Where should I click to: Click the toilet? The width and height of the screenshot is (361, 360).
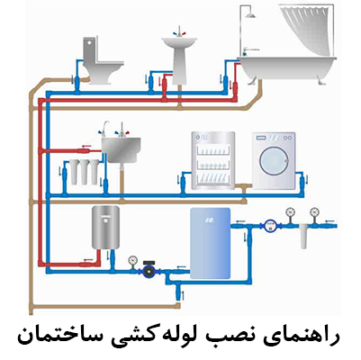tap(102, 60)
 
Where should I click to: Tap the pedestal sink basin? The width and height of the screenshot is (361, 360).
tap(179, 41)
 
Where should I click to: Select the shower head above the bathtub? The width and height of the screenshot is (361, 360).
tap(250, 15)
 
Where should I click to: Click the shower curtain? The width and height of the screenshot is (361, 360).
tap(307, 29)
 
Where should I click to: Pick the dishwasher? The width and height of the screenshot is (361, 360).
tap(213, 161)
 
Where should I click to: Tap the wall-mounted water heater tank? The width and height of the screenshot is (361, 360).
tap(105, 228)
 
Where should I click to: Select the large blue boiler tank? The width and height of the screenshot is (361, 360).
tap(211, 243)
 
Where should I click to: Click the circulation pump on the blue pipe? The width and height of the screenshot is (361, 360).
tap(149, 269)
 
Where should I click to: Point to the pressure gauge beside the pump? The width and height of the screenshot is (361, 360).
tap(132, 260)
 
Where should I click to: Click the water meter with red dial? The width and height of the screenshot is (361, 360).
tap(270, 226)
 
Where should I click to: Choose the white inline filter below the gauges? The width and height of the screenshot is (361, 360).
tap(303, 237)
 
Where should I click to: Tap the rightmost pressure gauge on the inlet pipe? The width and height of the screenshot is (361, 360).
tap(314, 211)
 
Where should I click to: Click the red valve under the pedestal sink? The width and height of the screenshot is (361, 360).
tap(165, 85)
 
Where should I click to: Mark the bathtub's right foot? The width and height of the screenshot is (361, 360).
tap(321, 80)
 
